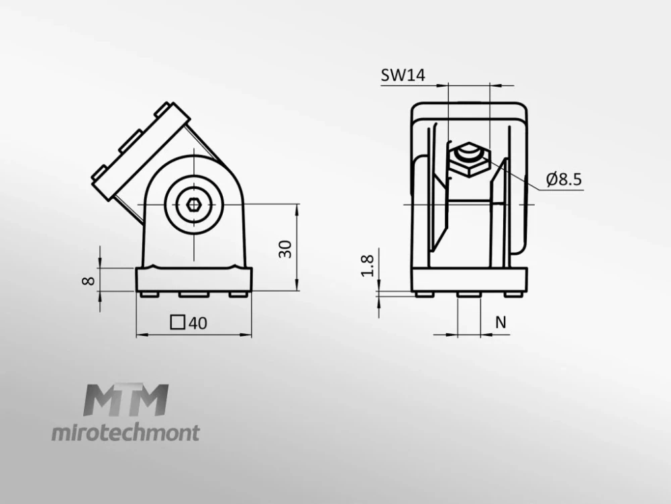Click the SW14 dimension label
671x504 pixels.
pos(403,75)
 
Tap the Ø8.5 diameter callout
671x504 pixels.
pos(564,179)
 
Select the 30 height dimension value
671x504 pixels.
pos(285,249)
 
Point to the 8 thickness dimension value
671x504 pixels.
pos(88,281)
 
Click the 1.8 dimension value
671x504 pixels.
pos(368,266)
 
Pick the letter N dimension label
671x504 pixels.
pos(501,322)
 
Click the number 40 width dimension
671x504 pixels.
pos(198,323)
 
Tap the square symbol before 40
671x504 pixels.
pos(178,323)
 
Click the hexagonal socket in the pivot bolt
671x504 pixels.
pos(194,204)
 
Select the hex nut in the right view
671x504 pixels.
pos(470,159)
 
